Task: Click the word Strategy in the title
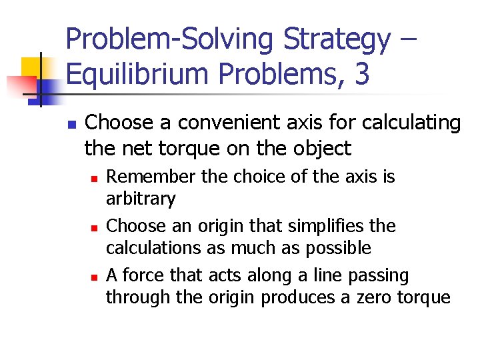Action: [x=337, y=40]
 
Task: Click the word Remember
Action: [x=145, y=177]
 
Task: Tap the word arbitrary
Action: [x=141, y=199]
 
